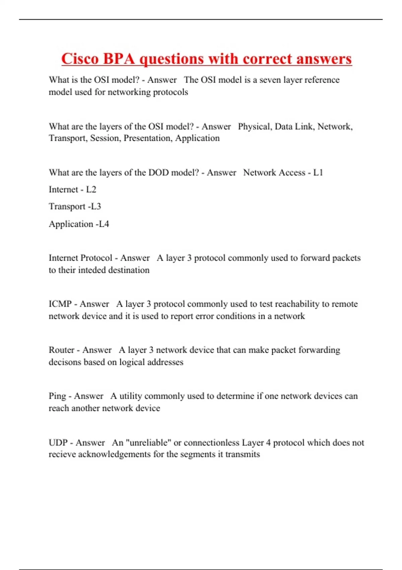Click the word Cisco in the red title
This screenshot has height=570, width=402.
point(80,59)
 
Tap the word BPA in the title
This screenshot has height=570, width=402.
point(119,59)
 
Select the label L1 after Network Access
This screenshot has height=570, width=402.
point(318,173)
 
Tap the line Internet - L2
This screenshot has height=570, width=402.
point(72,189)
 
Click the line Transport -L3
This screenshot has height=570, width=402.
point(75,207)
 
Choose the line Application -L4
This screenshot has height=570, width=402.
point(79,224)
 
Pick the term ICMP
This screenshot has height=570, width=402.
point(60,304)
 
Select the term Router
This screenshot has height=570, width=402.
point(62,350)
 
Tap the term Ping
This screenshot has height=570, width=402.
point(57,396)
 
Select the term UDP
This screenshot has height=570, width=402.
point(58,443)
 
